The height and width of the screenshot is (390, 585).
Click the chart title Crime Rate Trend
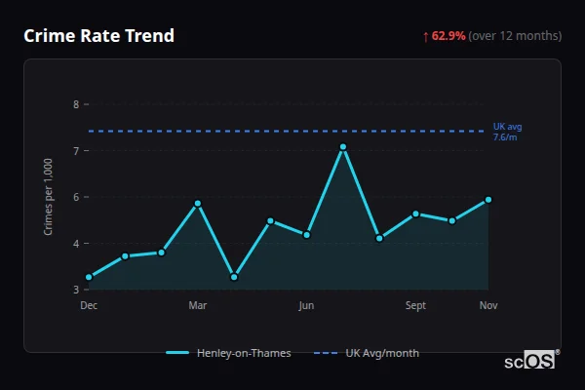point(98,36)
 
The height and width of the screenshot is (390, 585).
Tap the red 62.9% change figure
point(448,36)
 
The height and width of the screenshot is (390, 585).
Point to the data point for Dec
point(89,277)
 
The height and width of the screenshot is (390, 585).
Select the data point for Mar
point(198,203)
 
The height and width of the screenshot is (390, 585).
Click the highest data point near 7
point(343,146)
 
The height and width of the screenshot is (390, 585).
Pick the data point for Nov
point(488,199)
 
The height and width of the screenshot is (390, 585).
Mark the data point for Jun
point(307,235)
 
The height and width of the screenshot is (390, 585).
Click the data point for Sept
point(415,214)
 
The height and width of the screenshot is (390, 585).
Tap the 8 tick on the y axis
point(76,104)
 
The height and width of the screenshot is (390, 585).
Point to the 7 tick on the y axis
point(76,150)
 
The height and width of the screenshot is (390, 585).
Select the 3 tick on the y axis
point(76,290)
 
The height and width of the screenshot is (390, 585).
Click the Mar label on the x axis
point(198,306)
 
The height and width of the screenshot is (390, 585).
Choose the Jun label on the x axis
point(307,306)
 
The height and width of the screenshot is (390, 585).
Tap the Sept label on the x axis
point(415,306)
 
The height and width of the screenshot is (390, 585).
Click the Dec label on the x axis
point(89,306)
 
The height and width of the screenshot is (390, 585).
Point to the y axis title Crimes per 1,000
point(49,197)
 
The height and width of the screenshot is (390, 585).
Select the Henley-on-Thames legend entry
point(229,353)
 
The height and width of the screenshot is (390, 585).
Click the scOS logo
point(530,361)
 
